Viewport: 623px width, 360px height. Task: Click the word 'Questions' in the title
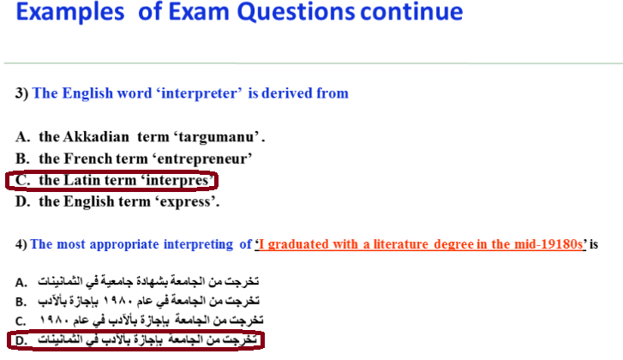click(x=296, y=12)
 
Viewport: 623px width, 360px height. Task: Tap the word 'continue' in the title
click(x=411, y=11)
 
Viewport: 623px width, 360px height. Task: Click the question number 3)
click(x=21, y=93)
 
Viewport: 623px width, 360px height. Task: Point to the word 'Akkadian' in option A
click(x=96, y=136)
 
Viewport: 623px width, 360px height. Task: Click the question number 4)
click(x=21, y=244)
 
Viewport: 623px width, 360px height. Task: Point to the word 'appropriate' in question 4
click(x=124, y=244)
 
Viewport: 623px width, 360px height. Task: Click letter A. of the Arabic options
click(x=21, y=283)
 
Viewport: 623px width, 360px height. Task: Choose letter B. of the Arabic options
click(x=21, y=302)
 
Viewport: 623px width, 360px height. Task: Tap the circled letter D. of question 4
click(x=21, y=340)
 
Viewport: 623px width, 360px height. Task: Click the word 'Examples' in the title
click(x=70, y=12)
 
